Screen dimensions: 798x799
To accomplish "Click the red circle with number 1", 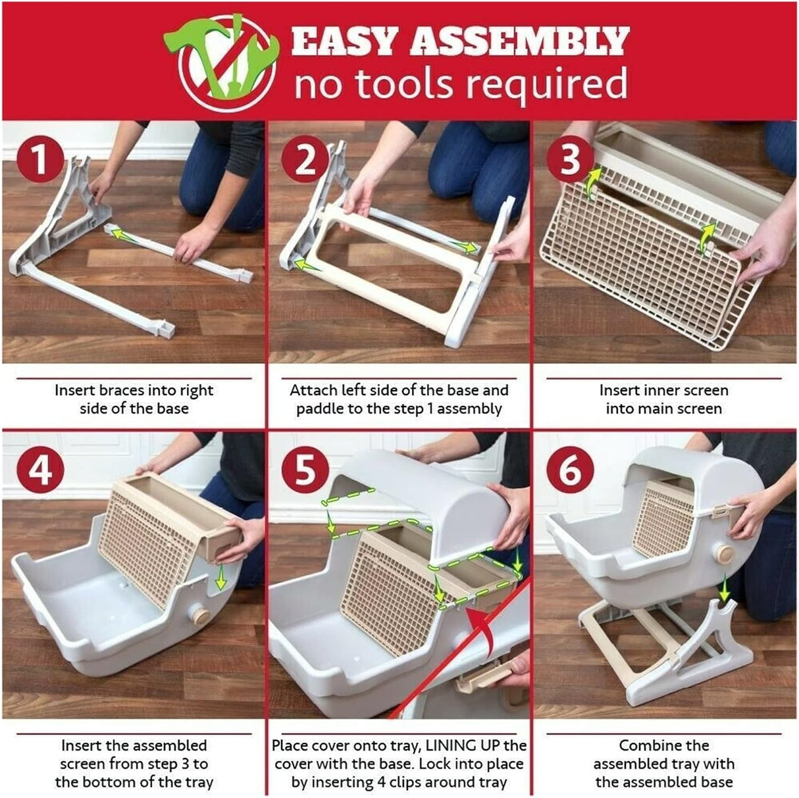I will [x=41, y=160].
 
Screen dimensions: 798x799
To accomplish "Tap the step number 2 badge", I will [x=305, y=160].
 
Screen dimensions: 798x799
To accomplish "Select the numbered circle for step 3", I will [x=570, y=160].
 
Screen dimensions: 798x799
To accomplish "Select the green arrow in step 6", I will [x=725, y=587].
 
